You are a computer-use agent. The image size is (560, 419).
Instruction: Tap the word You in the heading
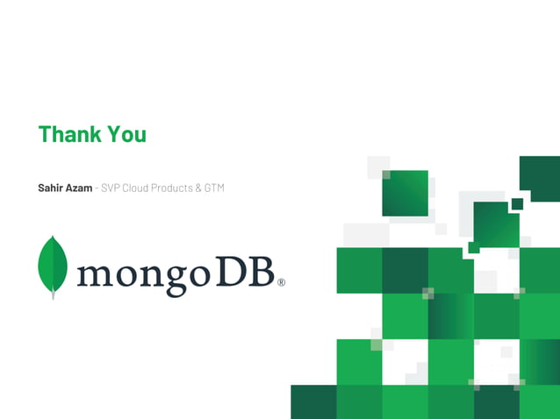tap(126, 134)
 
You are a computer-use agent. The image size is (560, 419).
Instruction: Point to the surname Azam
tap(79, 188)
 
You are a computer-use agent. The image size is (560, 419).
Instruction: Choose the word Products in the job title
tap(174, 188)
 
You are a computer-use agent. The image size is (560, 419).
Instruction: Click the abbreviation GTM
tap(214, 188)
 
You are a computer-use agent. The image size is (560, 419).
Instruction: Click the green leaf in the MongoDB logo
tap(53, 263)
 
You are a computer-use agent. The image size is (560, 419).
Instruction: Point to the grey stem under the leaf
tap(53, 295)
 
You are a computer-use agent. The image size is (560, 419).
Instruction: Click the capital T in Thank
tap(45, 134)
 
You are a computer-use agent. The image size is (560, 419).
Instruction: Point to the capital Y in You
tap(114, 134)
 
